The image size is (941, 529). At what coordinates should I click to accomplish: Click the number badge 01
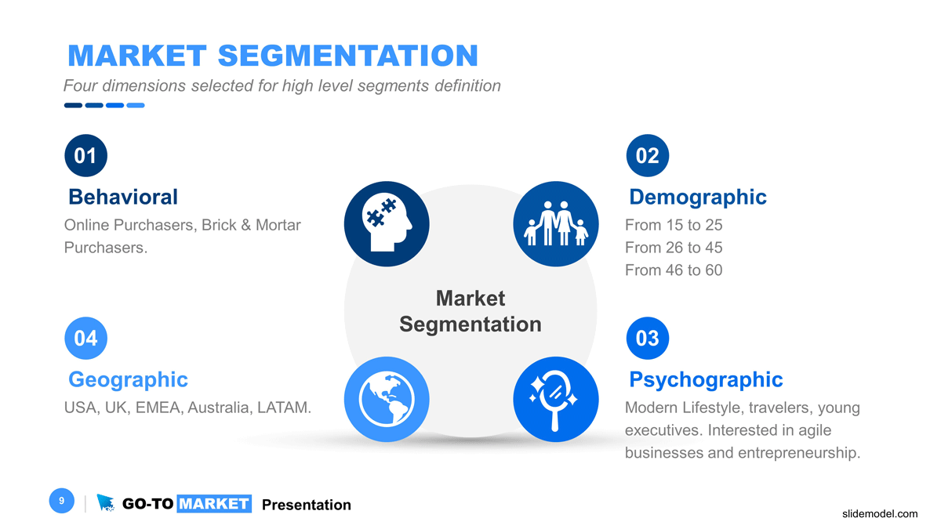[85, 156]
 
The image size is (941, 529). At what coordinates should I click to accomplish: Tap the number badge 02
[648, 156]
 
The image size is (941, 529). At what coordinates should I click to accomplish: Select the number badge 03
[648, 339]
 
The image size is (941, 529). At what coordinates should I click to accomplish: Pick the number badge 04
[85, 339]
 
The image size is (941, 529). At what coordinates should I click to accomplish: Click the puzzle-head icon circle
[387, 224]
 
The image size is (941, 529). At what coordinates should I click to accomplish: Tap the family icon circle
[555, 224]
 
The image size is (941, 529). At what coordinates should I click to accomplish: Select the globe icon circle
[387, 399]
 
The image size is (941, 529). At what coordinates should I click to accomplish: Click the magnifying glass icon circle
[555, 399]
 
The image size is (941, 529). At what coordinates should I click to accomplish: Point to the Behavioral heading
[123, 197]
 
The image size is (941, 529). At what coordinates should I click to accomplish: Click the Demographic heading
[698, 197]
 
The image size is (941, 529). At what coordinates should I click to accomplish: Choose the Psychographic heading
[706, 380]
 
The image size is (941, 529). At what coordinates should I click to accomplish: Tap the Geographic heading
[128, 380]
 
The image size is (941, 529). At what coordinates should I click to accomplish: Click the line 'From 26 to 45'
[674, 248]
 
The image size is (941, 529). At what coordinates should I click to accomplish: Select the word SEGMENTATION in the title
[347, 56]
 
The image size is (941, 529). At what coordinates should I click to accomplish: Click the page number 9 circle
[61, 501]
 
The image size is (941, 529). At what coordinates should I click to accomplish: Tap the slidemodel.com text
[879, 514]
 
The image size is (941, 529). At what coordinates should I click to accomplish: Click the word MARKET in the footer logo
[214, 504]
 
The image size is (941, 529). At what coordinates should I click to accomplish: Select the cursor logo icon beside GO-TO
[105, 503]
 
